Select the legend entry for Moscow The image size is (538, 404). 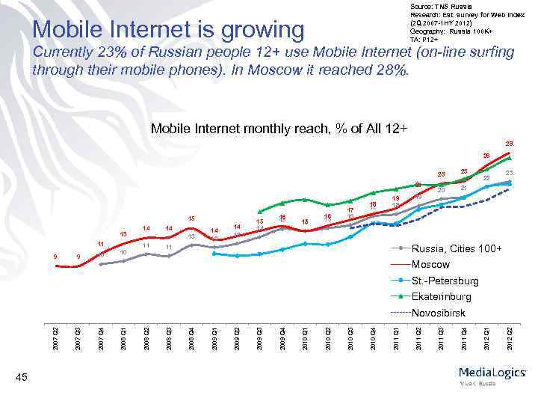tap(431, 265)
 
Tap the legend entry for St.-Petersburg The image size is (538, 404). tap(445, 281)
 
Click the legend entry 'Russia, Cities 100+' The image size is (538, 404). tap(457, 249)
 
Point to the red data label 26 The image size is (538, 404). tap(486, 156)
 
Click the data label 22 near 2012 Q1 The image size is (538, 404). tap(486, 178)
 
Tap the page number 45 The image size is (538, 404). tap(22, 379)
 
